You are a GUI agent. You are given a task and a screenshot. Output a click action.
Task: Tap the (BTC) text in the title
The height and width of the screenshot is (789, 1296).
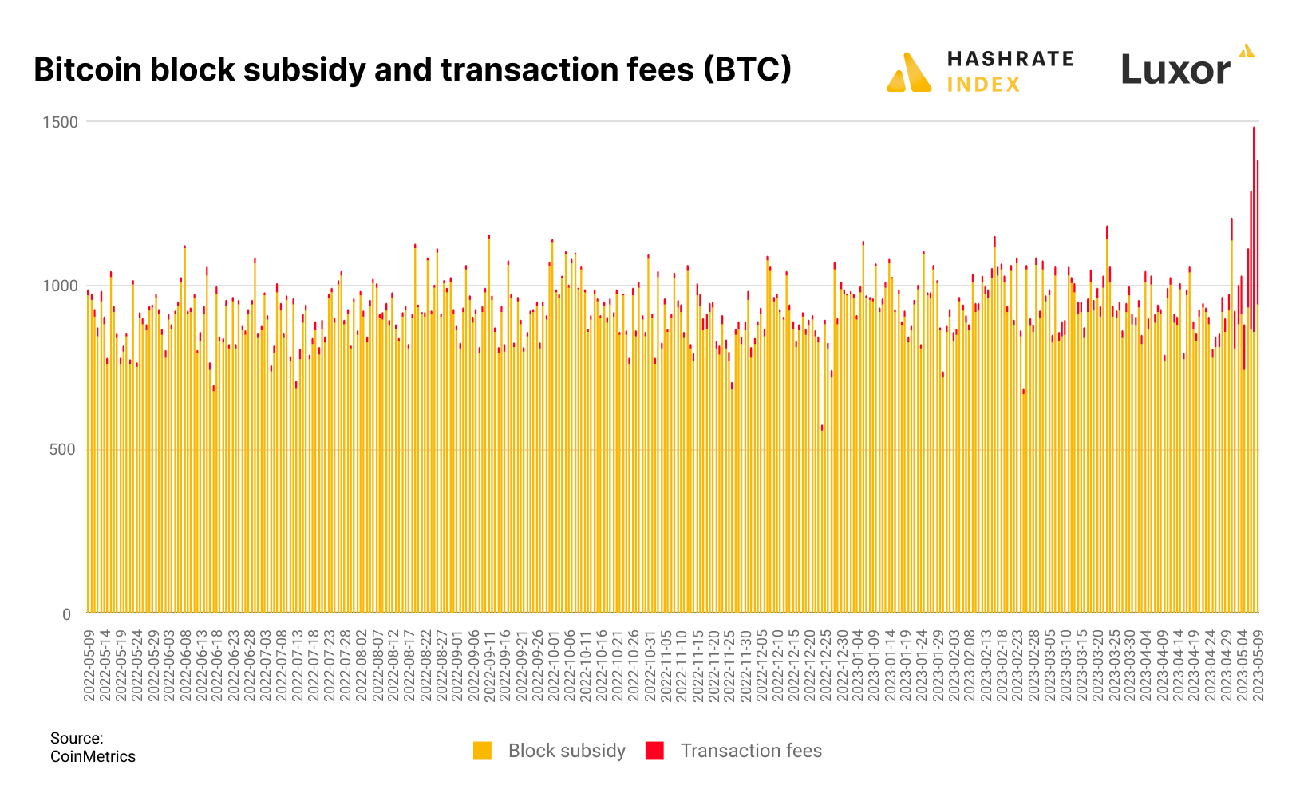747,69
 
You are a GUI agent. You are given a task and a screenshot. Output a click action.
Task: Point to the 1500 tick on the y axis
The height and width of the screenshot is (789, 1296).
61,122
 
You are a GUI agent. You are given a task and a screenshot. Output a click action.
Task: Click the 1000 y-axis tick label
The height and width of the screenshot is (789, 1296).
61,286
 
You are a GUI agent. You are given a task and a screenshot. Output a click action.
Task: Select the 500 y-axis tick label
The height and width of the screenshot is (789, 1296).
65,450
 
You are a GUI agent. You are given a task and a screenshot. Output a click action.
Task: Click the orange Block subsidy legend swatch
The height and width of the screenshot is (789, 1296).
482,751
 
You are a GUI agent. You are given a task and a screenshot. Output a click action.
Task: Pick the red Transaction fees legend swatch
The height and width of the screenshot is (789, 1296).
654,751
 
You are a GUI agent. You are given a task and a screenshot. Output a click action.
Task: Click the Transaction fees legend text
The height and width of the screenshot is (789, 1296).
751,751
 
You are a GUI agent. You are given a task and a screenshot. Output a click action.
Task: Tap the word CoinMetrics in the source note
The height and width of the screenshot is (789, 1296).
93,756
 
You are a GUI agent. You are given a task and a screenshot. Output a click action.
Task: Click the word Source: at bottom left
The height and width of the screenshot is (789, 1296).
77,738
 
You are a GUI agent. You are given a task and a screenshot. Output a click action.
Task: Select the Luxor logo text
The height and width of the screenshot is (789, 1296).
1175,70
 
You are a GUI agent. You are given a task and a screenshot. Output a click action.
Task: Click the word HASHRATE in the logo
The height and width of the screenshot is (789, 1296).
1010,59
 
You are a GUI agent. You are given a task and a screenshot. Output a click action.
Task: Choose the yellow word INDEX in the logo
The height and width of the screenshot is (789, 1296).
983,85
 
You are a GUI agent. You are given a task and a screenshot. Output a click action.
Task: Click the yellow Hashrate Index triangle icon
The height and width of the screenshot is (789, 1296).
909,73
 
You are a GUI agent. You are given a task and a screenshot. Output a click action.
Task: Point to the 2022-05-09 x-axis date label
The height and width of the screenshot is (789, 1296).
89,665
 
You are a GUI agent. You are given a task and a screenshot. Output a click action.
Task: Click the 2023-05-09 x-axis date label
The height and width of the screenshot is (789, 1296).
1258,665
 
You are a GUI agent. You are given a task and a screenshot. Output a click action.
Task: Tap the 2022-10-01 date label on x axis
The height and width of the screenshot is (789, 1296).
554,665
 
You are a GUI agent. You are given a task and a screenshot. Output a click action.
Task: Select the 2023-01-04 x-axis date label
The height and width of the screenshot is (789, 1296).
858,665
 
